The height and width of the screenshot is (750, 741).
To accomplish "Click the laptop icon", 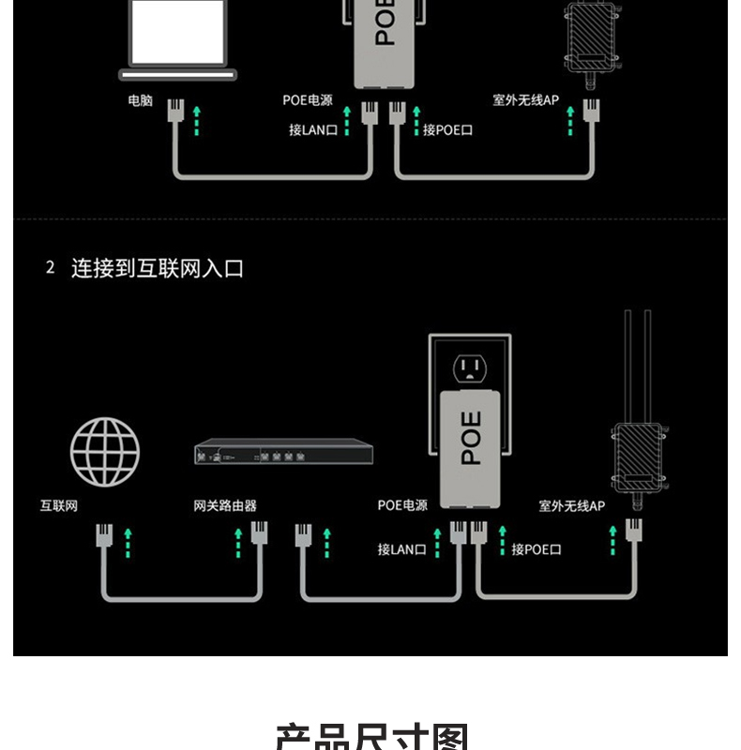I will (178, 39).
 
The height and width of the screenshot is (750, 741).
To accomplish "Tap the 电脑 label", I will (141, 100).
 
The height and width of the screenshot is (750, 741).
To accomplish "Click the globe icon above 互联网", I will (105, 452).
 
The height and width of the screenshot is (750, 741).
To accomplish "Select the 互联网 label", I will (58, 506).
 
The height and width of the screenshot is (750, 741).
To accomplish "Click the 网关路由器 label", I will (225, 506).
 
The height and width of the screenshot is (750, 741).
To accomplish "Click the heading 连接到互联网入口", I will (158, 268).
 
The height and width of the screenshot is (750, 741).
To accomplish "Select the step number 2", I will (50, 268).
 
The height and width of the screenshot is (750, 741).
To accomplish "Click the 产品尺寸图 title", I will (370, 736).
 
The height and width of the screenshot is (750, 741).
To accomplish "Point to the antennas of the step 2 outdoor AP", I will (638, 366).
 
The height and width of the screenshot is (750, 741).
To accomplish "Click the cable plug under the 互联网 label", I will (103, 537).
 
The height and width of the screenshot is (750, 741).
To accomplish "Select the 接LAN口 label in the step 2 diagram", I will (401, 549).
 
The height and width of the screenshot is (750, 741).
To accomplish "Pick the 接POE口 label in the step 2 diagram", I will (537, 549).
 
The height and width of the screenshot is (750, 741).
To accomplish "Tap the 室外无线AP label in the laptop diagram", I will (526, 100).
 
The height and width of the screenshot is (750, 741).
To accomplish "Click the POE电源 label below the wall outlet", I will (402, 506).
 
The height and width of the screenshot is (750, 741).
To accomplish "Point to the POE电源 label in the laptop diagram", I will (308, 100).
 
